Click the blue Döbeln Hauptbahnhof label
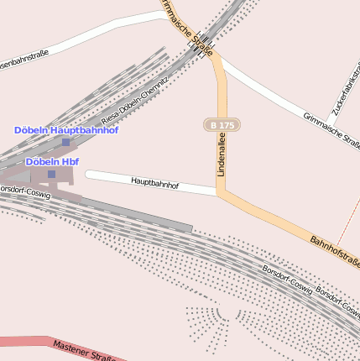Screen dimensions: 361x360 click(65, 130)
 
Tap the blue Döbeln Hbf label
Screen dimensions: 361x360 click(52, 161)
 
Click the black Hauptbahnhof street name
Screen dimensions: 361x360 click(154, 182)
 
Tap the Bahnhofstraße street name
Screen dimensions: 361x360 click(335, 252)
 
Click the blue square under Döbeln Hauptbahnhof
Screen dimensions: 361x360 click(65, 142)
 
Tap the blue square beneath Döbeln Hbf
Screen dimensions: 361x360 click(51, 174)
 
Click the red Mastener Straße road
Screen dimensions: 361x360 click(25, 342)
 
